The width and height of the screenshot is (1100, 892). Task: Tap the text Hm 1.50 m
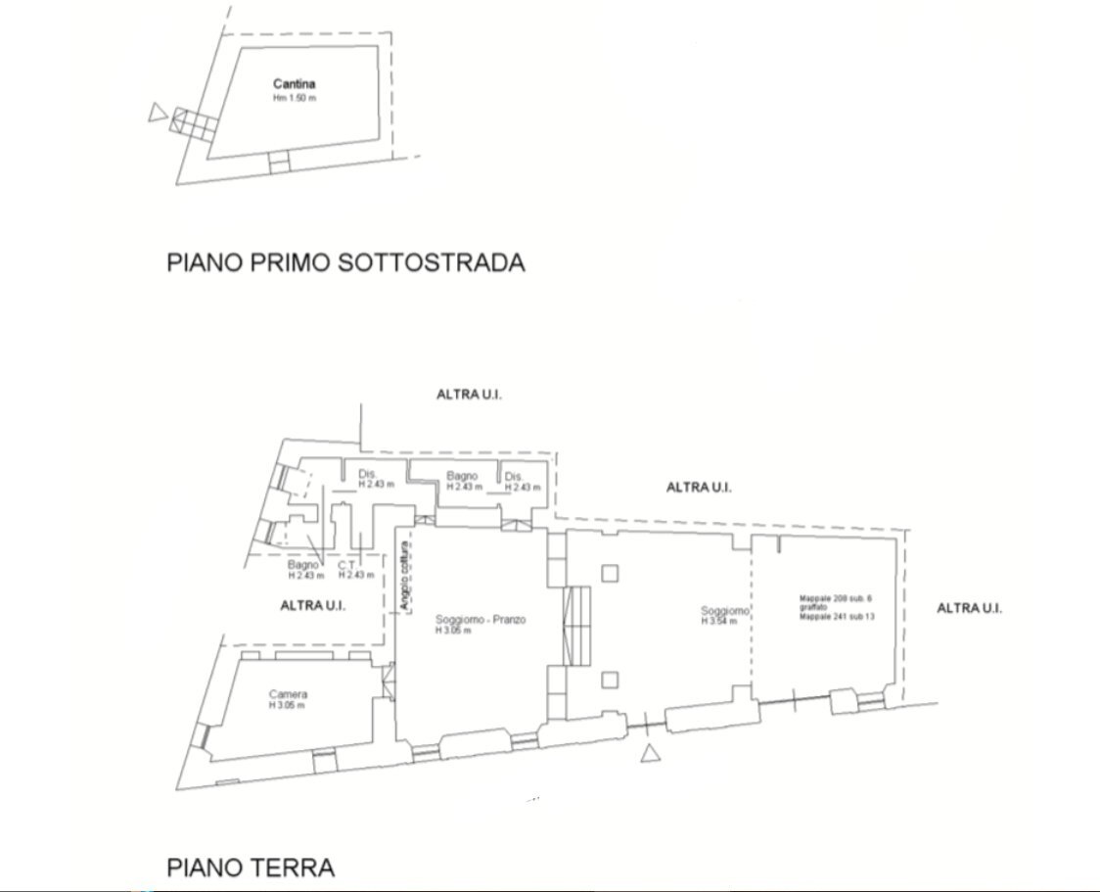[x=294, y=99]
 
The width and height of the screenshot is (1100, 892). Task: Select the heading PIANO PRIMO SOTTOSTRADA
[x=345, y=262]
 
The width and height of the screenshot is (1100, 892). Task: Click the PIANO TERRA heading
[x=251, y=867]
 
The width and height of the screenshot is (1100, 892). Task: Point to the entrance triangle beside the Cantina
[x=157, y=114]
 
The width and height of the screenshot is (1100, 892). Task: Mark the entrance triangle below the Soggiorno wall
[x=649, y=753]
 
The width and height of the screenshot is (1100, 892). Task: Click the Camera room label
[x=288, y=694]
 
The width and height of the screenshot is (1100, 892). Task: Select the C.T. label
[x=346, y=565]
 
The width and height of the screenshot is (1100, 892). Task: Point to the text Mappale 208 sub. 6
[x=834, y=596]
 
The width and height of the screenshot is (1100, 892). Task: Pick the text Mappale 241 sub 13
[x=836, y=618]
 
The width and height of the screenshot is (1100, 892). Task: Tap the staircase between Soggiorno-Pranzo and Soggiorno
[x=576, y=625]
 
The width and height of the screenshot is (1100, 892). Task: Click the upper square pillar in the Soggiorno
[x=610, y=573]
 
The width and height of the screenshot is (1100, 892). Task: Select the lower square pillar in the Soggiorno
[x=610, y=679]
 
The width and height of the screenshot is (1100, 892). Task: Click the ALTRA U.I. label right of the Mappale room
[x=969, y=608]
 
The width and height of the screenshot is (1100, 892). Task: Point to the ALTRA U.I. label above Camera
[x=313, y=605]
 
